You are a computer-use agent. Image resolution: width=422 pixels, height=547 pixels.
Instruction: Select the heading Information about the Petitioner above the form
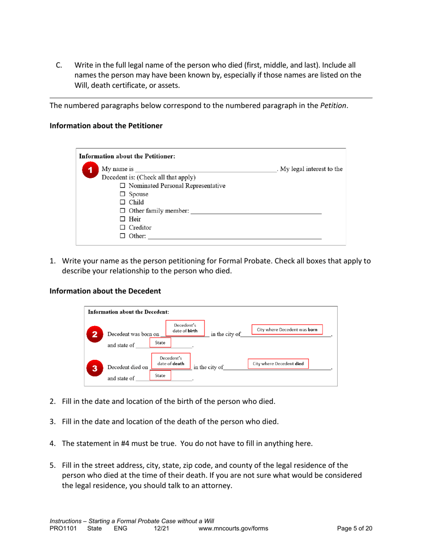[106, 126]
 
